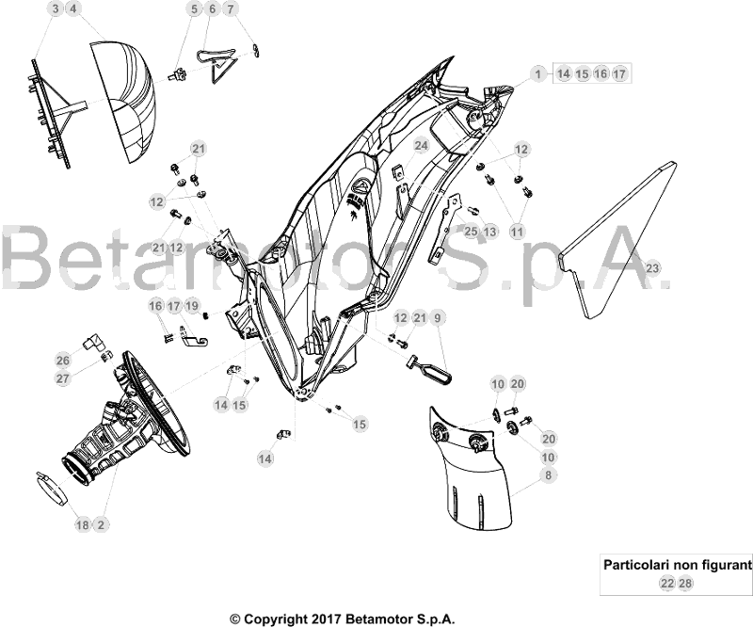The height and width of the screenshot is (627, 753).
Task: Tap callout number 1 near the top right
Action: click(537, 73)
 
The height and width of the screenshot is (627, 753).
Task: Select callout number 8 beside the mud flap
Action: click(546, 477)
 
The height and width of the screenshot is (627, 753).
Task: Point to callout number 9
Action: click(438, 318)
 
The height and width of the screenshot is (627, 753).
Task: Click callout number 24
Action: click(421, 146)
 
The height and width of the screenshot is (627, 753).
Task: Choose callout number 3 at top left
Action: click(56, 9)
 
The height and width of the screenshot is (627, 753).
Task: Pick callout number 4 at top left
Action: click(73, 9)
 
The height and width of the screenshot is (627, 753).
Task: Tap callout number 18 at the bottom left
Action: click(82, 524)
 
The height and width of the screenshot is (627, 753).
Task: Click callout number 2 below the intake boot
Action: click(100, 524)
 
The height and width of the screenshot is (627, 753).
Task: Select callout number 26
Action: click(62, 360)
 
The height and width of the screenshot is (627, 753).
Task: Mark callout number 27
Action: click(62, 378)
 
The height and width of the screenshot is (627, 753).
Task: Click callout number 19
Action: click(192, 305)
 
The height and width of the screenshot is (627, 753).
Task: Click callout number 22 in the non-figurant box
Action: click(666, 585)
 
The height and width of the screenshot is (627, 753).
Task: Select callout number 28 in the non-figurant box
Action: click(685, 585)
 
